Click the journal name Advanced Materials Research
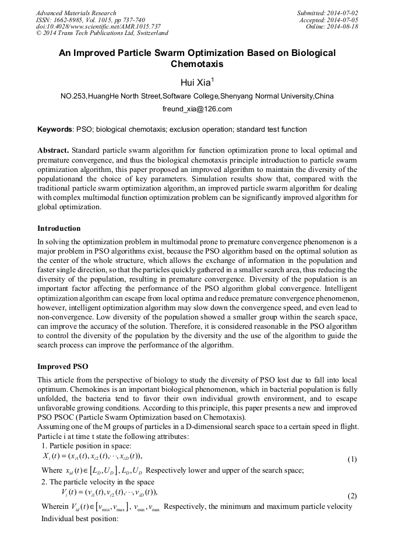click(x=76, y=13)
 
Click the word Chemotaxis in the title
click(x=197, y=64)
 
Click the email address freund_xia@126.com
click(x=197, y=109)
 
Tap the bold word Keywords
click(x=55, y=129)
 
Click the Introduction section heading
click(x=59, y=228)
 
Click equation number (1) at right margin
click(x=352, y=459)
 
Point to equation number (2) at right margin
click(x=352, y=495)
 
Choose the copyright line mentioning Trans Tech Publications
click(x=102, y=33)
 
